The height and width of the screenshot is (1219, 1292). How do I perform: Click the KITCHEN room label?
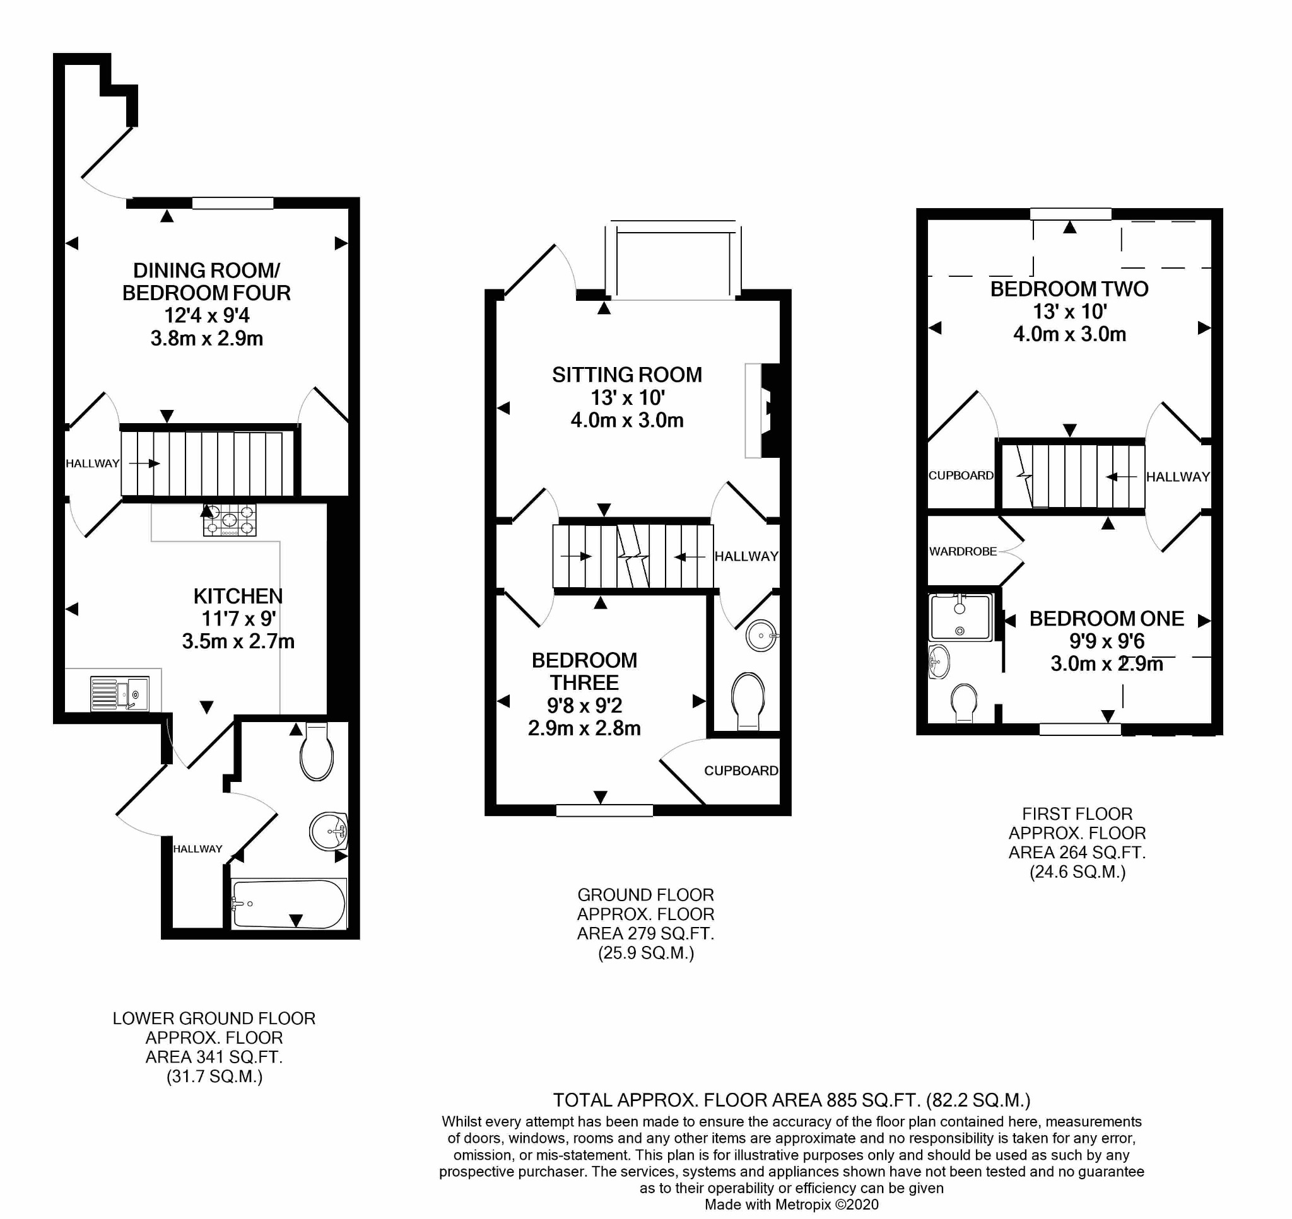(238, 596)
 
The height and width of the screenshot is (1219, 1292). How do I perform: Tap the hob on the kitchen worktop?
(230, 520)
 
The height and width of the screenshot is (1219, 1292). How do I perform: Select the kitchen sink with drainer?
(120, 693)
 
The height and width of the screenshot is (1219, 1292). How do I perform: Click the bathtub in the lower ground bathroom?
(289, 904)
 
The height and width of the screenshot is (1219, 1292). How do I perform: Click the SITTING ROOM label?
(627, 375)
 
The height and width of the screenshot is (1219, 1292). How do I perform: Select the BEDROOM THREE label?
(584, 671)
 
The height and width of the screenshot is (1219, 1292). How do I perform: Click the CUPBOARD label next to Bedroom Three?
(741, 771)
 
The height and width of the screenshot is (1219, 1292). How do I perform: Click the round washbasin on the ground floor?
(761, 636)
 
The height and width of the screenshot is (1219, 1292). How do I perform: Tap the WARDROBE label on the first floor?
(963, 552)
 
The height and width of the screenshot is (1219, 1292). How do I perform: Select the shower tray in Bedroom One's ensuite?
(961, 617)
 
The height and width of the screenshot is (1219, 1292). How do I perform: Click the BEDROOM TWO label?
(1069, 289)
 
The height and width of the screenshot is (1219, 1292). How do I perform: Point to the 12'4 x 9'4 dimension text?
(207, 316)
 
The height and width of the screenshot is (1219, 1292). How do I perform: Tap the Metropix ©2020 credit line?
(792, 1204)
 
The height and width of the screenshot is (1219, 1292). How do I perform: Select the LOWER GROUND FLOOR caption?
(214, 1018)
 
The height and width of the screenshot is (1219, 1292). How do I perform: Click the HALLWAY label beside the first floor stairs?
(1178, 477)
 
